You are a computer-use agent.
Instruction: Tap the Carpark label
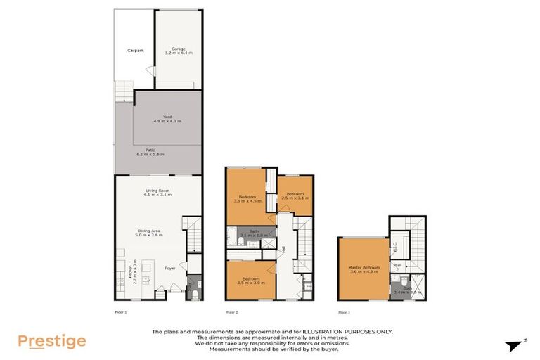click(135, 51)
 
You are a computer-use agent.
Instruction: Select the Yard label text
click(167, 119)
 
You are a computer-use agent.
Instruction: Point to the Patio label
click(150, 151)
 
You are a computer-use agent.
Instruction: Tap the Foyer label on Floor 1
click(170, 267)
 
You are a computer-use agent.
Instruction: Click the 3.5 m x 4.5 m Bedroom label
click(247, 198)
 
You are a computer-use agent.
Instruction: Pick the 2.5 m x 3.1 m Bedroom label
click(295, 195)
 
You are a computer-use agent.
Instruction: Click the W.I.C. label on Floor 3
click(395, 247)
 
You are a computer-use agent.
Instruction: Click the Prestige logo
click(52, 342)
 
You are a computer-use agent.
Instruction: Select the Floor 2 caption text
click(232, 311)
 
